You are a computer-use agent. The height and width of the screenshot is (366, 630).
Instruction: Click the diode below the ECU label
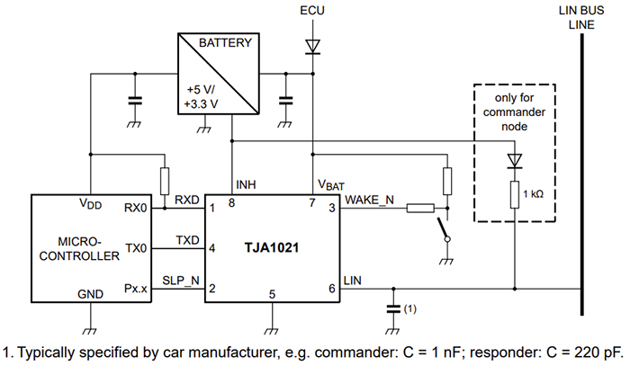click(x=311, y=46)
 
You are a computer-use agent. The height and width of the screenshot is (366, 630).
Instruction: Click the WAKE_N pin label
click(x=370, y=200)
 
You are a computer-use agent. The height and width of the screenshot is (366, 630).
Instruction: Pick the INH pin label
click(x=246, y=185)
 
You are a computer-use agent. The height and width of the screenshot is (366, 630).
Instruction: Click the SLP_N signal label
click(x=181, y=280)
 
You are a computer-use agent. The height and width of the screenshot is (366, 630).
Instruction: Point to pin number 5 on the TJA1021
click(x=272, y=293)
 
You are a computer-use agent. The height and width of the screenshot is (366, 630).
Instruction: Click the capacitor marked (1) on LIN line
click(x=391, y=308)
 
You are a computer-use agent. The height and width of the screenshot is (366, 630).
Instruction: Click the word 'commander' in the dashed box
click(x=514, y=112)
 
